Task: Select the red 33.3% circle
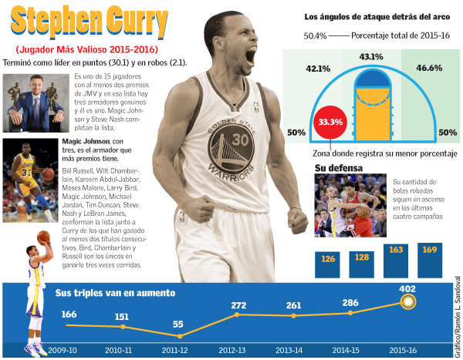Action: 330,122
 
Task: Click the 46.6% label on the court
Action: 428,69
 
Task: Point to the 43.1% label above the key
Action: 371,56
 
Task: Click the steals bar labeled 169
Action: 430,260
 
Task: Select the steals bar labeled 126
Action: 329,264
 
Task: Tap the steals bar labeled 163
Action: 396,261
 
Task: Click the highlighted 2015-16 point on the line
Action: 409,302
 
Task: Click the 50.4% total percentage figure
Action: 316,35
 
